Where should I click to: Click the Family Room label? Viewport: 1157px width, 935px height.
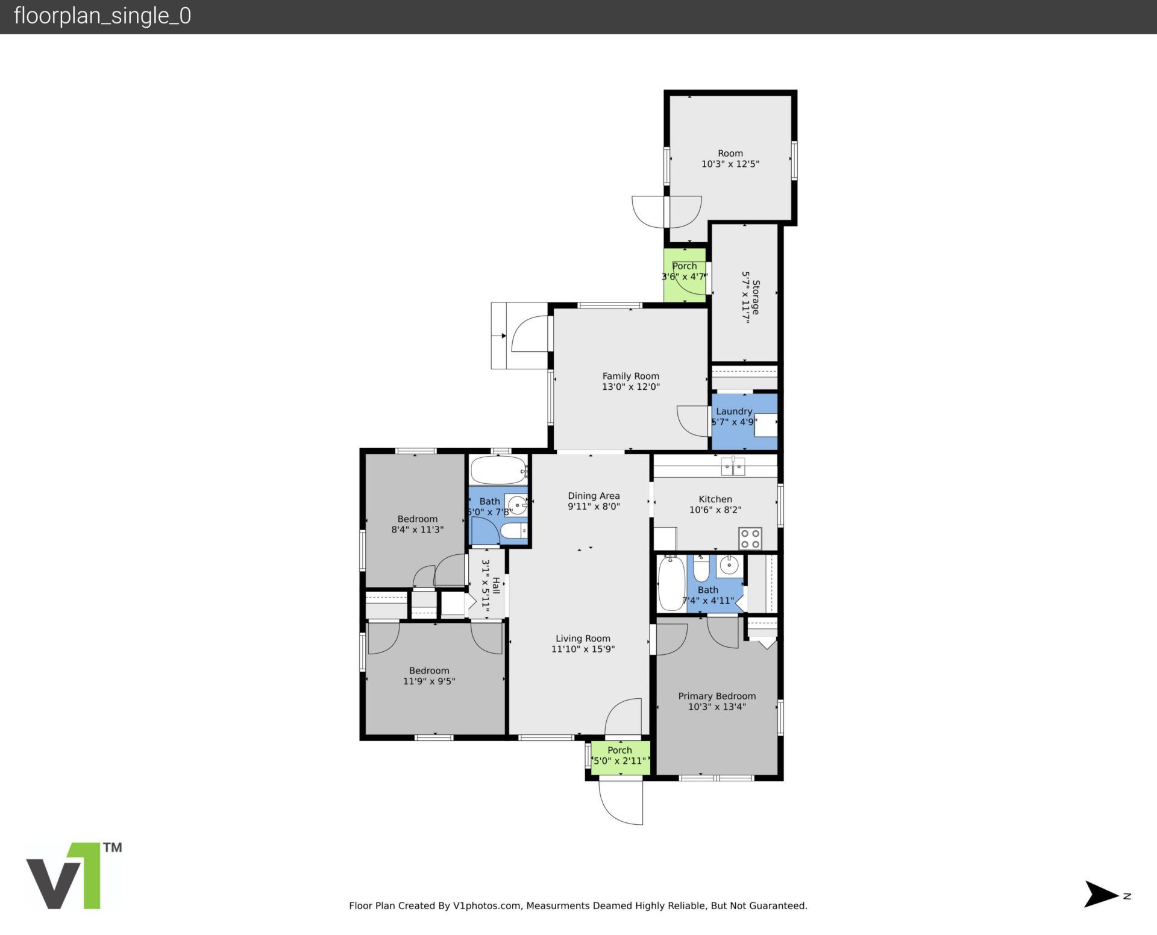point(630,376)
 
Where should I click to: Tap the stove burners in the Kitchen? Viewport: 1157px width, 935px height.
point(750,539)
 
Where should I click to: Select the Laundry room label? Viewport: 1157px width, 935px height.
point(733,411)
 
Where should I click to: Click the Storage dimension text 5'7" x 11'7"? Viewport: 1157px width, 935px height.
point(746,297)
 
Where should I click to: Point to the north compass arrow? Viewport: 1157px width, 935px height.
point(1100,894)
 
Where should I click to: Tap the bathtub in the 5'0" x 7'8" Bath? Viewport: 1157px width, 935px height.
point(498,471)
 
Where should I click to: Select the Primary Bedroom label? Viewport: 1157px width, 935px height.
point(716,696)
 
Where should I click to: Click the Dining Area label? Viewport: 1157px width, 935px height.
point(594,496)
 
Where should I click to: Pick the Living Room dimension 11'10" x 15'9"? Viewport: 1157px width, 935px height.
point(583,649)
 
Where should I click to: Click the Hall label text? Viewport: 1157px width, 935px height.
point(496,585)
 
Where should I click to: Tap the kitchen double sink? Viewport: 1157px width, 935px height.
point(733,466)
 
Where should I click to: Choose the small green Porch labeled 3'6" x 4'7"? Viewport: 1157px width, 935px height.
point(685,274)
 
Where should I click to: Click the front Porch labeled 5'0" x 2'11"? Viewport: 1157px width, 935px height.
point(619,756)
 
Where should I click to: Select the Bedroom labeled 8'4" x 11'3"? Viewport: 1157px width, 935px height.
point(417,524)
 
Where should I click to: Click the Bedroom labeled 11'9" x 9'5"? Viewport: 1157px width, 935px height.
point(429,676)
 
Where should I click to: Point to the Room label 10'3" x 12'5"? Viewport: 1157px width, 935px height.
point(730,158)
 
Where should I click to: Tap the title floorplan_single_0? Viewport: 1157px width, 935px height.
point(102,16)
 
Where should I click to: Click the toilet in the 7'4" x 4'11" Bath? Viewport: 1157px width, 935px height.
point(701,569)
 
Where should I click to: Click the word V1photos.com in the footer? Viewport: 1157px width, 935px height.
point(487,905)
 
